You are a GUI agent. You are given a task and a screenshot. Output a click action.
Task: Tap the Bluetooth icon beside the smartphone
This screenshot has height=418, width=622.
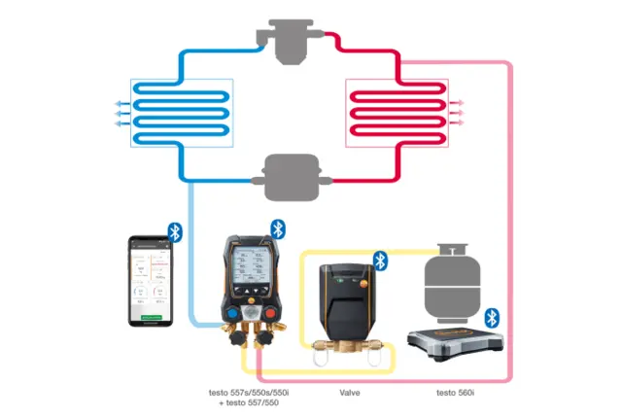176,231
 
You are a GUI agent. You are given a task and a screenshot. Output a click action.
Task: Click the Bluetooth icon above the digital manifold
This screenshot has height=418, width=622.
277,228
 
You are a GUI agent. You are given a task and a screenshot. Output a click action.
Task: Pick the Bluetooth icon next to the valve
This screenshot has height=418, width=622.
381,260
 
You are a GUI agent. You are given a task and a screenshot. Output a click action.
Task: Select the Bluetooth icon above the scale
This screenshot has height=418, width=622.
491,317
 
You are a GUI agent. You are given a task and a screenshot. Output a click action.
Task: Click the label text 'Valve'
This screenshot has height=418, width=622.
350,393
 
